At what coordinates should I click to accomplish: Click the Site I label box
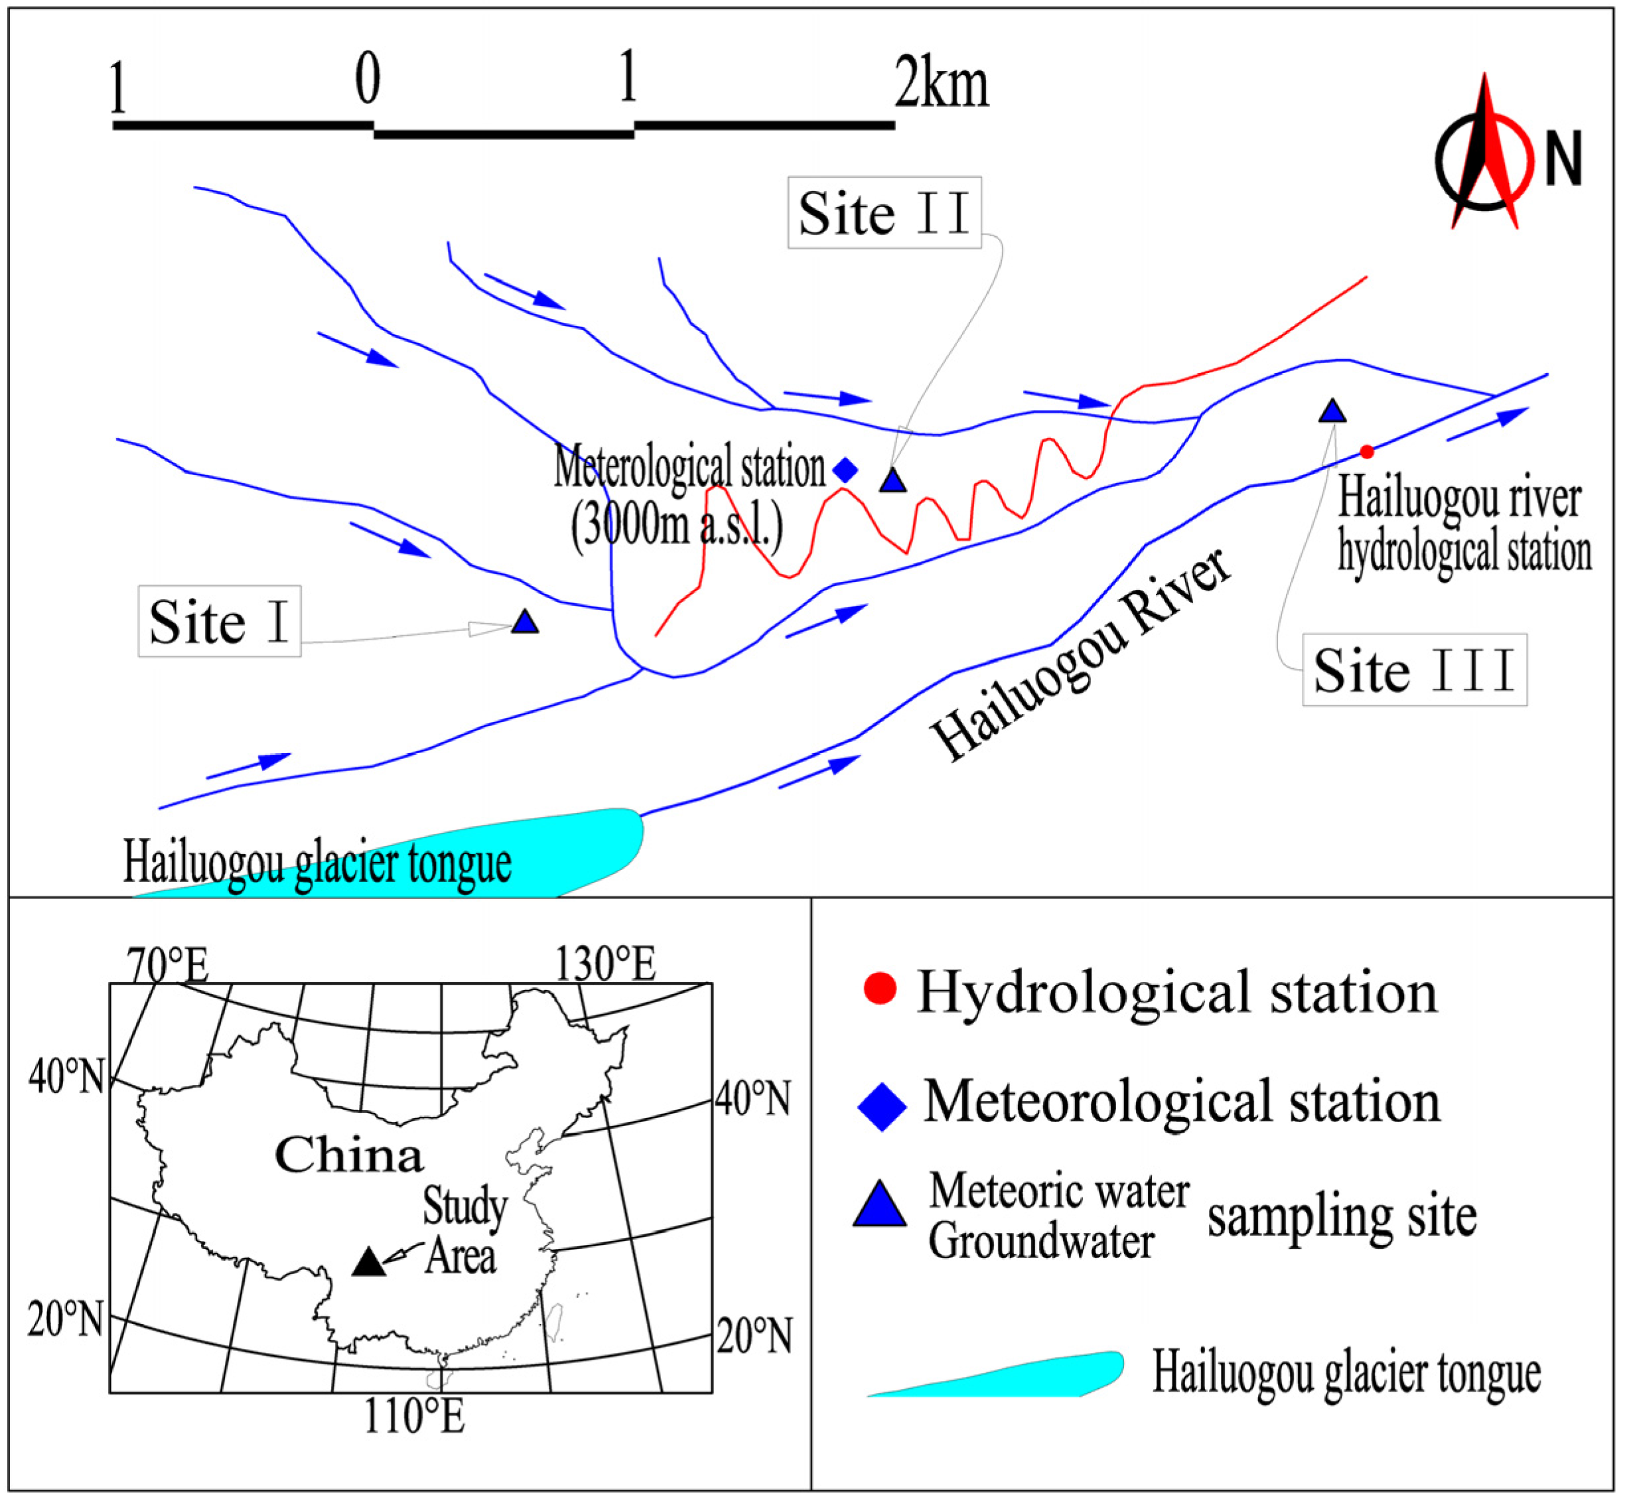(220, 621)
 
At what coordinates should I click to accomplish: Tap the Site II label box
(884, 212)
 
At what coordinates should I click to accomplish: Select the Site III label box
(1415, 670)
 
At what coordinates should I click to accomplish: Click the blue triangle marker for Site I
(526, 623)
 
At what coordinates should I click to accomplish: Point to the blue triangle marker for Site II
(893, 480)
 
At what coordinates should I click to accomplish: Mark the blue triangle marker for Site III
(1332, 411)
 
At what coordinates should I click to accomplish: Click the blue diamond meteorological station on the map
(846, 469)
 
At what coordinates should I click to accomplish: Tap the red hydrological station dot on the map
(1367, 451)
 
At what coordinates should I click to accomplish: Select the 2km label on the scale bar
(942, 84)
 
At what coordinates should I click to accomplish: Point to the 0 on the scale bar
(368, 80)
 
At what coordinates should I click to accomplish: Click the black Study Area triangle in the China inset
(368, 1261)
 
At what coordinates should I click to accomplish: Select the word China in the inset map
(349, 1155)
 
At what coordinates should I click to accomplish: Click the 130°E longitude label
(605, 965)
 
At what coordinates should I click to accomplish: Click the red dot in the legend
(879, 988)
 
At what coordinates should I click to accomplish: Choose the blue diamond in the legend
(883, 1106)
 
